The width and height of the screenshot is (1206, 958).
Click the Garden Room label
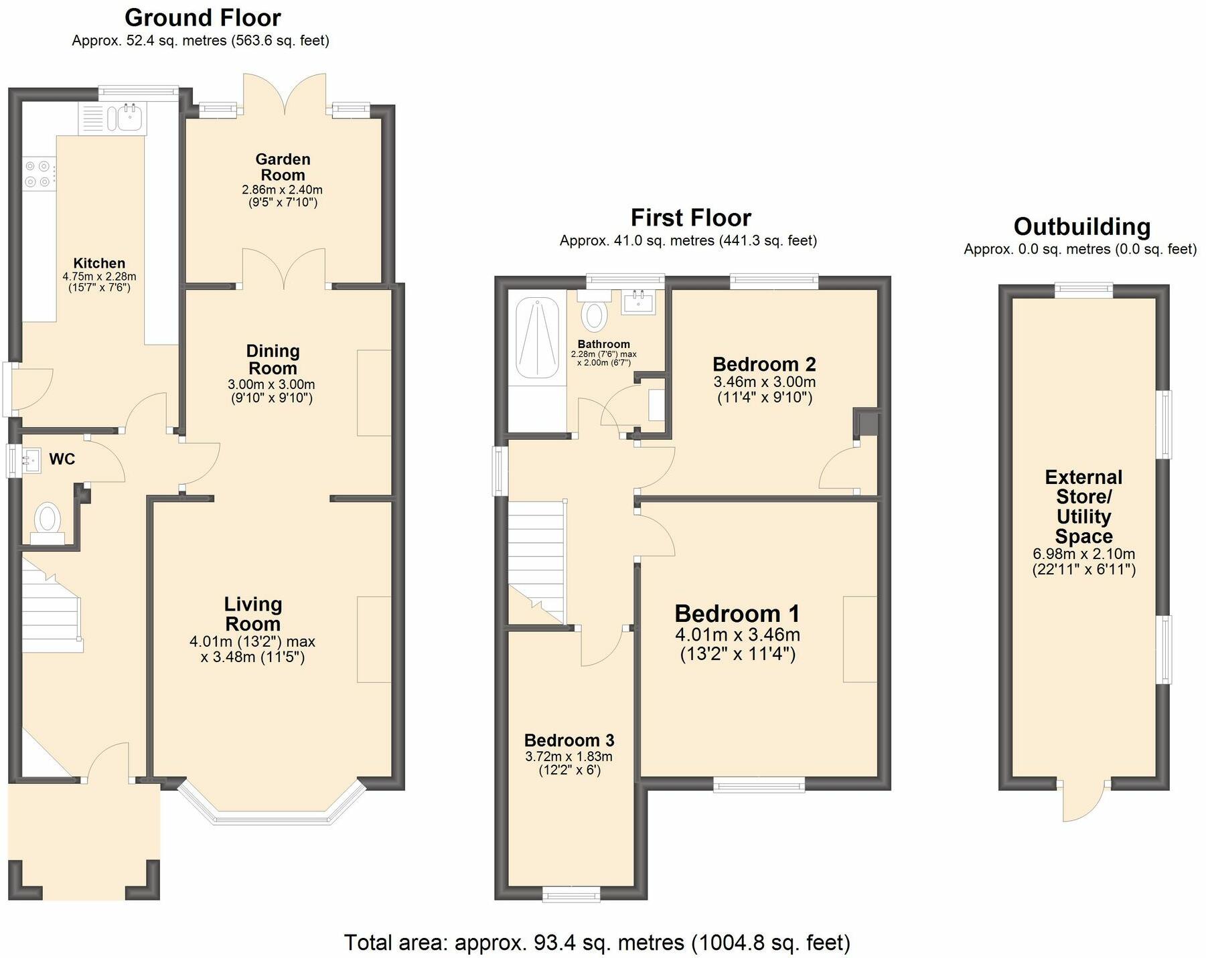coord(283,167)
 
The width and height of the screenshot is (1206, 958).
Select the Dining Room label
coord(273,360)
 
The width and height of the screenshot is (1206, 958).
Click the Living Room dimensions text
coord(252,649)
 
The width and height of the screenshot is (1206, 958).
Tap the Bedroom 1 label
coord(737,613)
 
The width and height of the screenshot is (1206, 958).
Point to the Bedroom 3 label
coord(569,740)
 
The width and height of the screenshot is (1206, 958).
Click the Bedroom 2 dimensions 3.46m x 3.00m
coord(765,382)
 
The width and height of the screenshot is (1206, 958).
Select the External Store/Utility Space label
coord(1083,507)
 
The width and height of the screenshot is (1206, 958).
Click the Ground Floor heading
coord(203,17)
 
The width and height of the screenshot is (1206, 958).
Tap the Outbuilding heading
coord(1082,226)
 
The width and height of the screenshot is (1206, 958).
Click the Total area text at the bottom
coord(597,942)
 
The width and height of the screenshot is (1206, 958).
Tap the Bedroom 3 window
coord(571,894)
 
